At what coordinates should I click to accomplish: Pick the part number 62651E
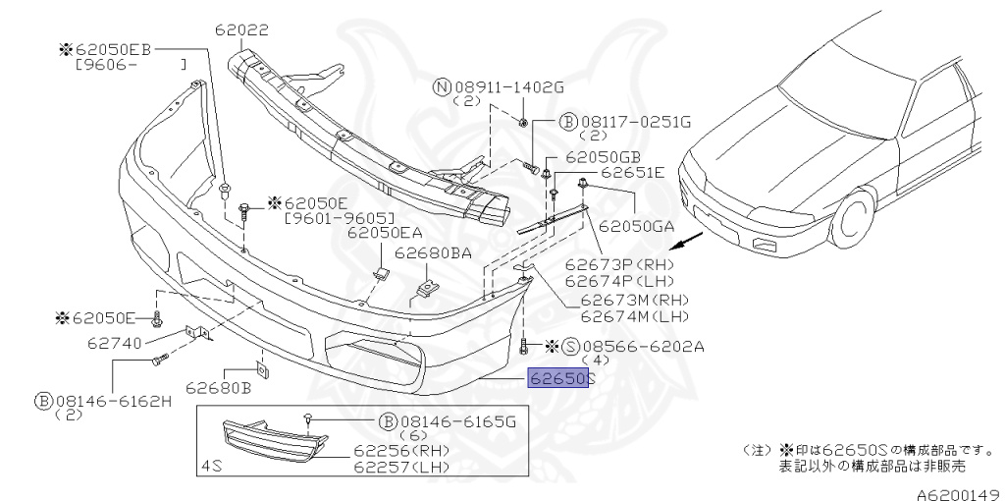tap(632, 173)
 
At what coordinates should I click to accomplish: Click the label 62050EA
tap(385, 233)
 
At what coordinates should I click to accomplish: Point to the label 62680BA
tap(433, 252)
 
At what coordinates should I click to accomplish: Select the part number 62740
tap(114, 343)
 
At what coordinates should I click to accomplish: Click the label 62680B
tap(225, 387)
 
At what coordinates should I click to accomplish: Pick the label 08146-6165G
tap(460, 421)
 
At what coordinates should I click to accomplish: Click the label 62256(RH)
tap(401, 450)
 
